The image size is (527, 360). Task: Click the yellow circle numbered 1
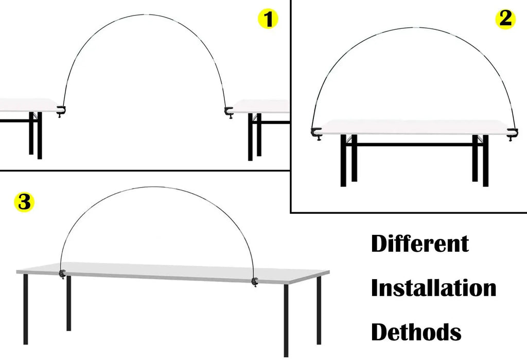coord(268,19)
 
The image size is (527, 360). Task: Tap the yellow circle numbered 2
coord(505,19)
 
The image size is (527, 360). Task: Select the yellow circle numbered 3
coord(24,202)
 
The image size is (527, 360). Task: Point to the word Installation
coord(433,288)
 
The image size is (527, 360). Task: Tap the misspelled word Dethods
coord(416,332)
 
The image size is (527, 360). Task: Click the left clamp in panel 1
coord(61,111)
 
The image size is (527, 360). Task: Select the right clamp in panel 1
coord(229,112)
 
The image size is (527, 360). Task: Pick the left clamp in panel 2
coord(316,133)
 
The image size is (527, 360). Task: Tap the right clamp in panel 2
coord(512,134)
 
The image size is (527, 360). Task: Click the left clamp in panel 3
coord(62,274)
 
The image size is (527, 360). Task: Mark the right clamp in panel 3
coord(255,282)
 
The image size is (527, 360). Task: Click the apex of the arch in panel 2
coord(415,27)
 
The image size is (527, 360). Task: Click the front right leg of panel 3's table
coord(286,320)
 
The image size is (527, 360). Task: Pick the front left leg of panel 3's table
coord(26,309)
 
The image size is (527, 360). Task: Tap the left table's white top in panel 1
coord(29,105)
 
